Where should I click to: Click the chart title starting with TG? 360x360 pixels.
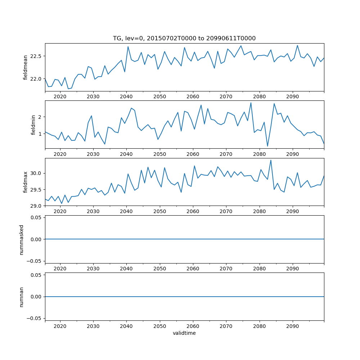184,38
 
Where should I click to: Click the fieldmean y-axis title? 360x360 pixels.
25,68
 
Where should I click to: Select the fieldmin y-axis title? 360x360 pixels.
33,125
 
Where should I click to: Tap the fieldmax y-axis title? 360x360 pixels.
25,182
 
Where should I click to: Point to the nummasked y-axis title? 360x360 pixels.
22,239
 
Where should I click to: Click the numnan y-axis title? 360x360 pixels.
22,297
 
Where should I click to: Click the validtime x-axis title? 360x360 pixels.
184,333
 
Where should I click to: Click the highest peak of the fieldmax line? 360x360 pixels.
271,160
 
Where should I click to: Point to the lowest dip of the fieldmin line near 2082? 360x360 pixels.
267,146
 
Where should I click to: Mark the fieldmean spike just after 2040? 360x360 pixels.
128,46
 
